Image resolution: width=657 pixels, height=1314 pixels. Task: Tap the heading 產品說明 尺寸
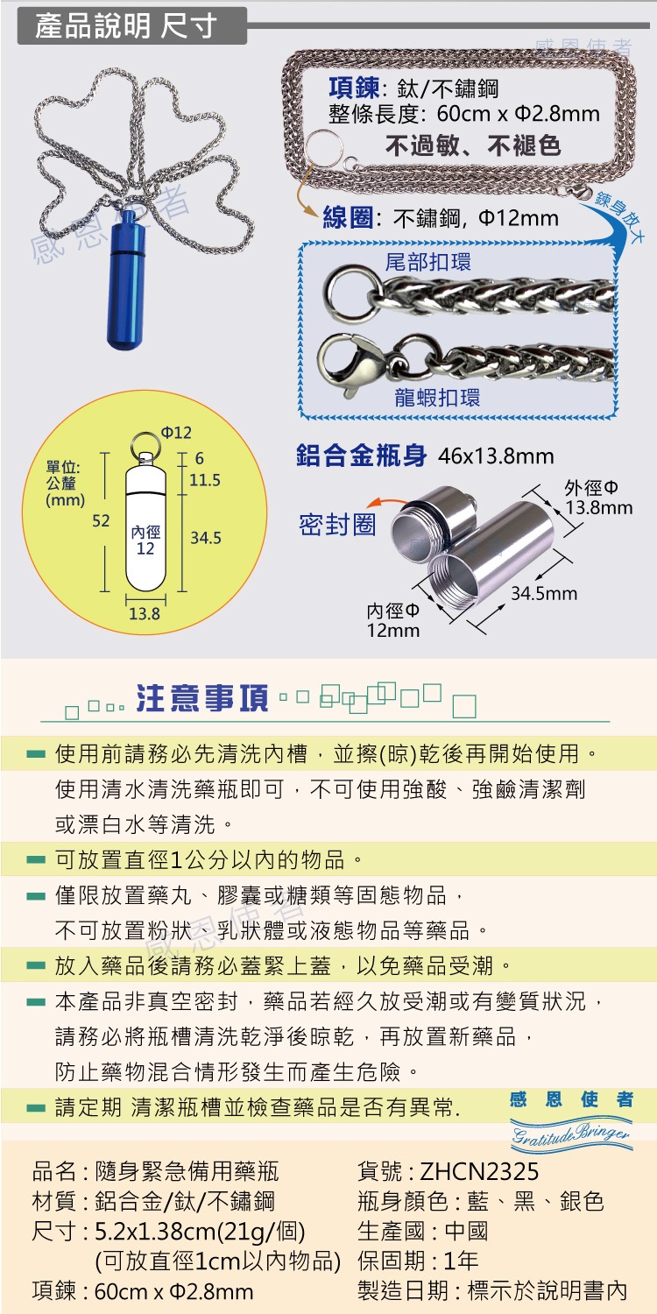pos(125,26)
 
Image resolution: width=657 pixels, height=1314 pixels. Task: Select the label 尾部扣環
pos(427,262)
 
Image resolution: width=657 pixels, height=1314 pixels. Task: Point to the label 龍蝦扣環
pos(437,397)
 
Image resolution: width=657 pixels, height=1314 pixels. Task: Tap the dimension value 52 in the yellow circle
pos(101,520)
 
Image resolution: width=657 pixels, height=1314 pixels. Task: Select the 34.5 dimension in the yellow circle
pos(205,538)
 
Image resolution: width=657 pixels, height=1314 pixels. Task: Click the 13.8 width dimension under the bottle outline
pos(145,613)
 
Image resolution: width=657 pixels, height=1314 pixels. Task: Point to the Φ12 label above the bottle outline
pos(176,433)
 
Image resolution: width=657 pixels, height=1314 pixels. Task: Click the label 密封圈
pos(337,525)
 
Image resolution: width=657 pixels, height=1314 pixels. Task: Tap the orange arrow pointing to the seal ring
pos(388,502)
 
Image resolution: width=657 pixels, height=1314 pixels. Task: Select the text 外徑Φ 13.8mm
pos(598,498)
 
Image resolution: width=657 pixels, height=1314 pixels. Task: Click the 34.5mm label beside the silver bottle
pos(544,594)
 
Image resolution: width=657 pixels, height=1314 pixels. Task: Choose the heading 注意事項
pos(202,698)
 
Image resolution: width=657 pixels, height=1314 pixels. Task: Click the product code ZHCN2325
pos(479,1172)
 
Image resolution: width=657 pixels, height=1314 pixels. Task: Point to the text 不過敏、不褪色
pos(473,145)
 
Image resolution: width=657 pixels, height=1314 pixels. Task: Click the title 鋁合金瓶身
pos(361,456)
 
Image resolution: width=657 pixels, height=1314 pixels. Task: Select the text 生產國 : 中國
pos(422,1232)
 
